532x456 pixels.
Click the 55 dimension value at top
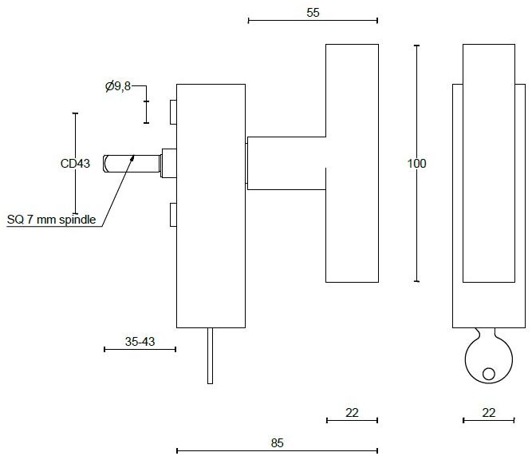tap(313, 12)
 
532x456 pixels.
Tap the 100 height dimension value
tap(417, 164)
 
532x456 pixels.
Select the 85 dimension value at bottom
tap(277, 442)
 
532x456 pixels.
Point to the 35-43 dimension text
tap(140, 341)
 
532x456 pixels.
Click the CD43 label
tap(75, 164)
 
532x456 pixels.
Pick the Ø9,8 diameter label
tap(117, 86)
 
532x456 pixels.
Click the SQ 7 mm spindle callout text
tap(51, 219)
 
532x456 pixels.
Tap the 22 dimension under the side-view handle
tap(352, 412)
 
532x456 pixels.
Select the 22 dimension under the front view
tap(489, 412)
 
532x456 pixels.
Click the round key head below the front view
tap(487, 359)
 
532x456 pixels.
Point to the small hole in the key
tap(488, 372)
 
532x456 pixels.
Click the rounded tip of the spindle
tap(107, 163)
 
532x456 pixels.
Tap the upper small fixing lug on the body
tap(171, 112)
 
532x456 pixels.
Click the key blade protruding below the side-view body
tap(210, 355)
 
